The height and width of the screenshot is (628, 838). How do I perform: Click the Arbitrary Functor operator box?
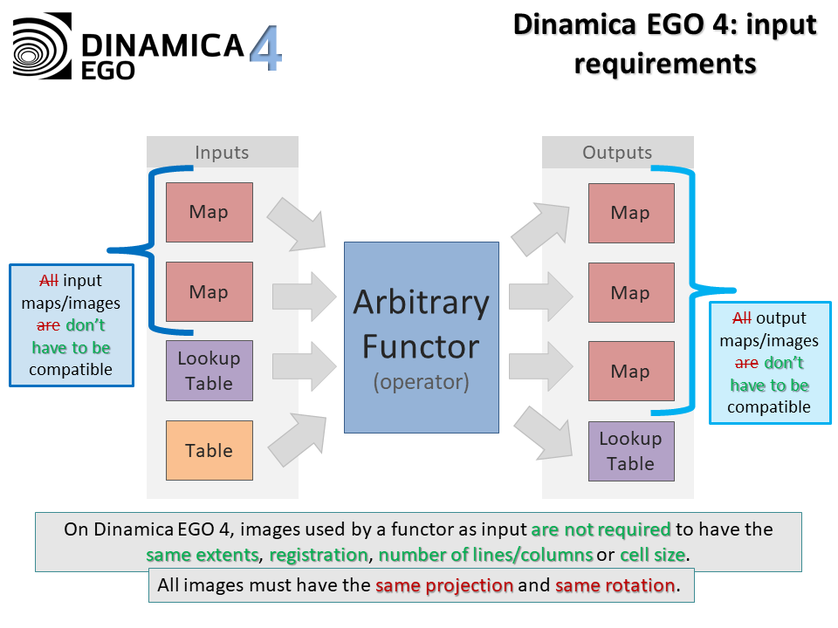click(421, 338)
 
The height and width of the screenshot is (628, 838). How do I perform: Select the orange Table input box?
click(209, 450)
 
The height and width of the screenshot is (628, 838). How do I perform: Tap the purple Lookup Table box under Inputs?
click(209, 371)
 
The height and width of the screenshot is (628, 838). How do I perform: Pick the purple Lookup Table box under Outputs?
click(630, 451)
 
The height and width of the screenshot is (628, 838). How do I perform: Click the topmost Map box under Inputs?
click(209, 212)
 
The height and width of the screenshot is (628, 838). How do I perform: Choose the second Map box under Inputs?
click(209, 291)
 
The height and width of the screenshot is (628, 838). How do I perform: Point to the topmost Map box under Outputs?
click(630, 213)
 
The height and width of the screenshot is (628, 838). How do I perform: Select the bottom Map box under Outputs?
click(630, 372)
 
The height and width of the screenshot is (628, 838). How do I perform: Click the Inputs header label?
click(222, 153)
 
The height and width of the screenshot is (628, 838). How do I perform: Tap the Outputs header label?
click(617, 153)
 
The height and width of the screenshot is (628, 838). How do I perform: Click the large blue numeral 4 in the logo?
click(265, 49)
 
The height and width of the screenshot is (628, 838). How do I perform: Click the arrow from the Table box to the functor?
click(296, 440)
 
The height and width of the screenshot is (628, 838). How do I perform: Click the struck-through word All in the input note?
click(49, 281)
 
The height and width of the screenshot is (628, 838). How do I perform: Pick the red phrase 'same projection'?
click(444, 585)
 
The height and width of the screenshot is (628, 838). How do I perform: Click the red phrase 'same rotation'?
click(615, 585)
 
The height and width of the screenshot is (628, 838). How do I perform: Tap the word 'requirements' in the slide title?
click(665, 62)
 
